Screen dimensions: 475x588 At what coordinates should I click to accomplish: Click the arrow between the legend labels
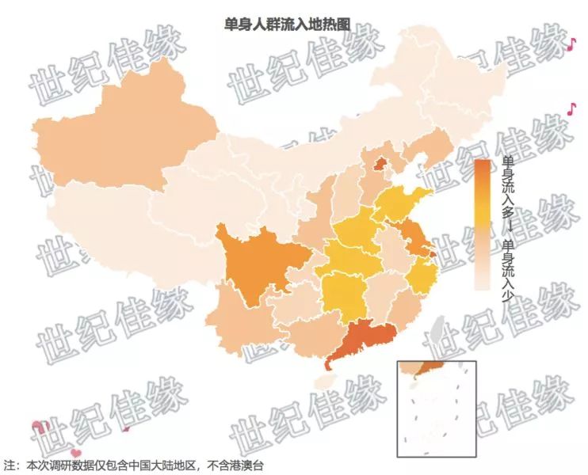click(507, 228)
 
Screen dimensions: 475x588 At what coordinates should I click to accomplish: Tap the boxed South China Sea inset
click(435, 407)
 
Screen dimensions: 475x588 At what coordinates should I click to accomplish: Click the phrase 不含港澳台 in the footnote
click(235, 465)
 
